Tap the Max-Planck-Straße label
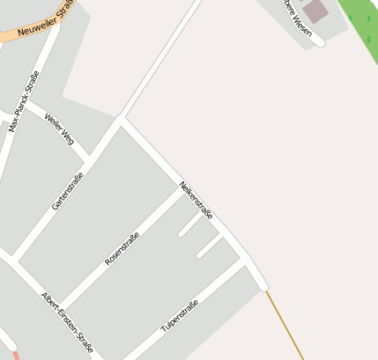pos(25,100)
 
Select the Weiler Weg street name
pos(59,129)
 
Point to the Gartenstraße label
pos(68,190)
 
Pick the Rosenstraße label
pos(123,246)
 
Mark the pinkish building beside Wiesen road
pos(314,11)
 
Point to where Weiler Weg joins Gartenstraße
pos(88,160)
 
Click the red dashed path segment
pos(16,355)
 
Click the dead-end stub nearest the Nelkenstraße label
pos(182,233)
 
